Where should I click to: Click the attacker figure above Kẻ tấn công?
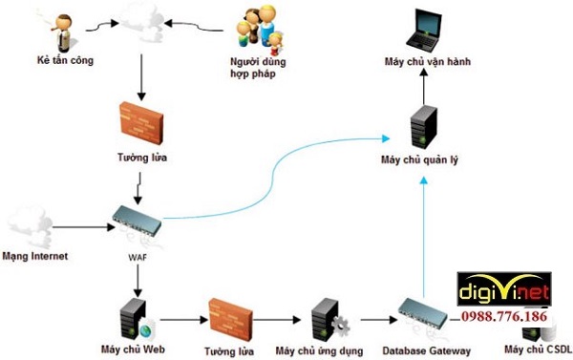click(64, 32)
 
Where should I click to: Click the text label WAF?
click(138, 256)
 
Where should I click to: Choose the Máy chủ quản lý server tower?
click(421, 129)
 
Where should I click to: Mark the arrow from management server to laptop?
click(421, 88)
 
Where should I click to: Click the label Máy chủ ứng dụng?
click(316, 350)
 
